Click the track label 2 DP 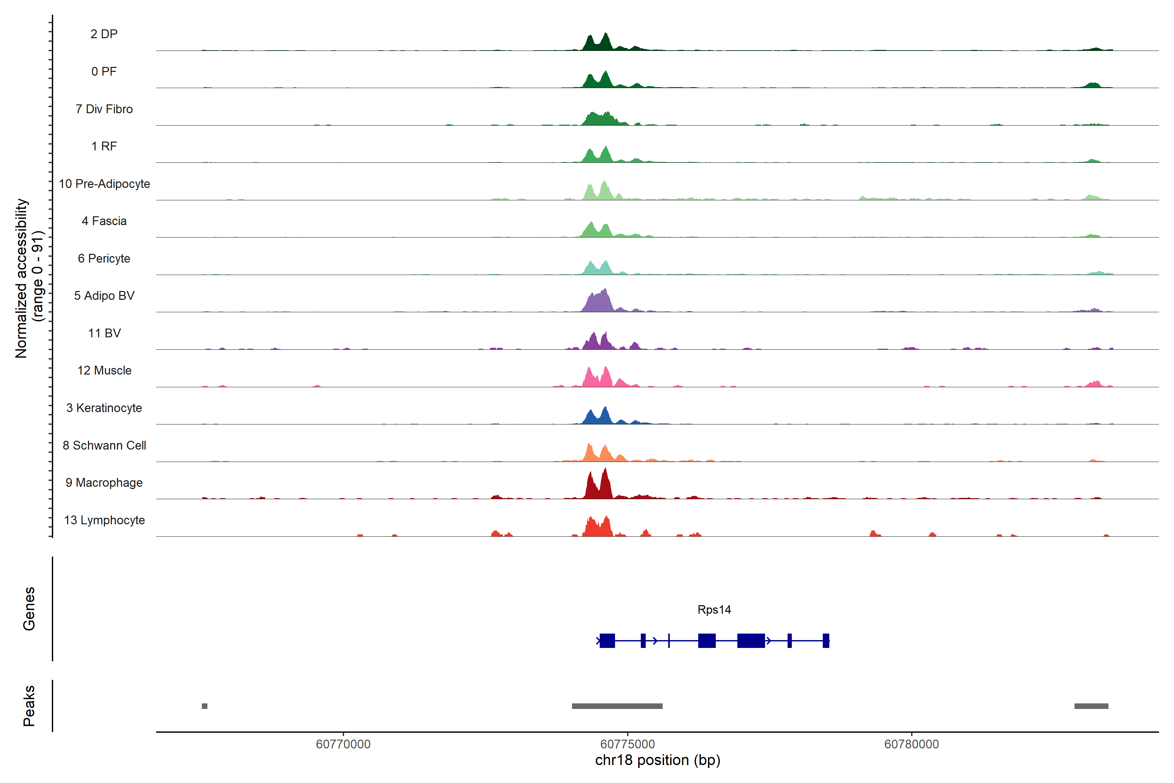pos(104,34)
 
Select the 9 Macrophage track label pos(104,483)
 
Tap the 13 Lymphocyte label pos(104,520)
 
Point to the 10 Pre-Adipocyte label pos(104,184)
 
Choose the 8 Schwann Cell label pos(104,445)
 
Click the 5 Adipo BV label pos(104,296)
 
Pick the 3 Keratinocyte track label pos(104,408)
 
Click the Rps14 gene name pos(714,610)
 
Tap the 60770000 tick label pos(343,744)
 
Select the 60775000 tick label pos(627,744)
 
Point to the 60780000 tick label pos(911,744)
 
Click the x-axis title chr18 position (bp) pos(657,760)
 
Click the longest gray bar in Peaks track pos(617,706)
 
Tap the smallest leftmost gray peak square pos(205,706)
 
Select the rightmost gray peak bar pos(1091,706)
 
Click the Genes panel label pos(29,609)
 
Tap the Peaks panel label pos(29,706)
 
